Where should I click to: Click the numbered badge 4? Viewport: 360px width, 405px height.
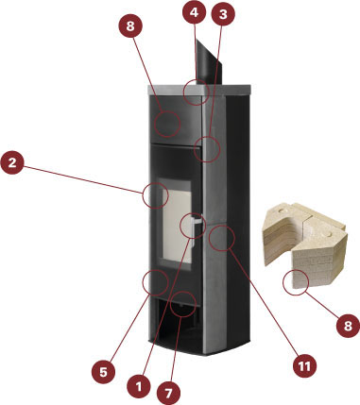pyautogui.click(x=195, y=12)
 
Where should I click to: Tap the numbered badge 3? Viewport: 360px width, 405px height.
pyautogui.click(x=223, y=14)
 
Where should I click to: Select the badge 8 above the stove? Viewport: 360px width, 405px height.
pyautogui.click(x=130, y=26)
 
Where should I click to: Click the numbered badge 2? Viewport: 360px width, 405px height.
pyautogui.click(x=12, y=162)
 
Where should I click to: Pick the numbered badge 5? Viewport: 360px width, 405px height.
pyautogui.click(x=103, y=372)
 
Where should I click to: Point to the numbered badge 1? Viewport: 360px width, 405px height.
pyautogui.click(x=139, y=387)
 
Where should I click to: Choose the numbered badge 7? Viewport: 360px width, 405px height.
pyautogui.click(x=168, y=393)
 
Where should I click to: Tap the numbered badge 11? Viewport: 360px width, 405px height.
pyautogui.click(x=304, y=365)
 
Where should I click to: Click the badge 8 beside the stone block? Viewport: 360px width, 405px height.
pyautogui.click(x=348, y=326)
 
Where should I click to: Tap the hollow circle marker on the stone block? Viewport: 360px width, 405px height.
pyautogui.click(x=296, y=282)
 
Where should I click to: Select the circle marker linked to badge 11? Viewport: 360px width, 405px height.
pyautogui.click(x=222, y=238)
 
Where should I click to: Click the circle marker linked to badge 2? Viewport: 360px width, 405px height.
pyautogui.click(x=155, y=195)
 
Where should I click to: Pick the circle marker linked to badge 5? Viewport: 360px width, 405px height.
pyautogui.click(x=155, y=282)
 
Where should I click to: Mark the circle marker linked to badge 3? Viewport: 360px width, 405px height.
pyautogui.click(x=207, y=149)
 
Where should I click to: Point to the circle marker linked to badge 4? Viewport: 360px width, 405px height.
pyautogui.click(x=197, y=92)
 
